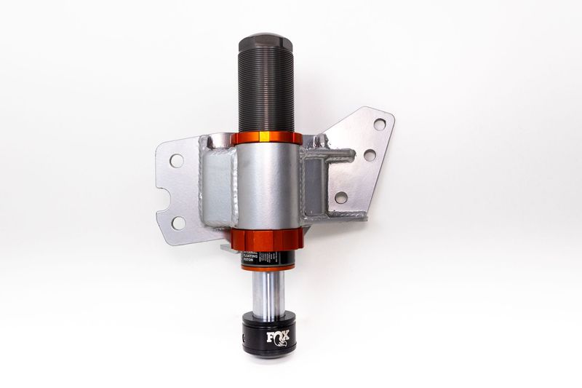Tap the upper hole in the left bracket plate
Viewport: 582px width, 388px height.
point(176,160)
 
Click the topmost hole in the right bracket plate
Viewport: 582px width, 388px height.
point(379,124)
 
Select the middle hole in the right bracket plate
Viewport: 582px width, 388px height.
point(370,155)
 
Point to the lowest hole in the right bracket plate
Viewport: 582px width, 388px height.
point(340,197)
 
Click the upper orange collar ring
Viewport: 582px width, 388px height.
point(266,138)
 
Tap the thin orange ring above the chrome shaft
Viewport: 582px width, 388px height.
point(267,269)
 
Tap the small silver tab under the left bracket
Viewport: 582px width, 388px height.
point(226,248)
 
